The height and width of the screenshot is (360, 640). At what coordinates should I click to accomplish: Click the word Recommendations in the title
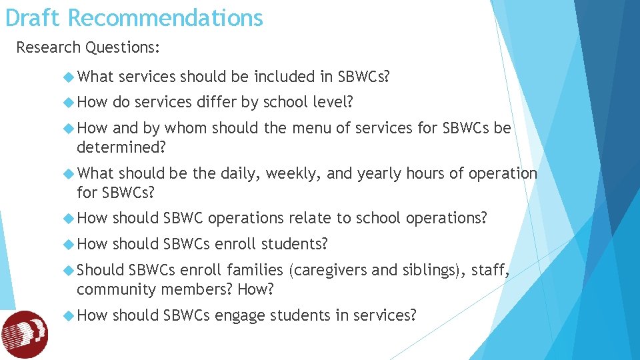165,18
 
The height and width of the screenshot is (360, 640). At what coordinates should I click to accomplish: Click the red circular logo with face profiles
25,334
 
